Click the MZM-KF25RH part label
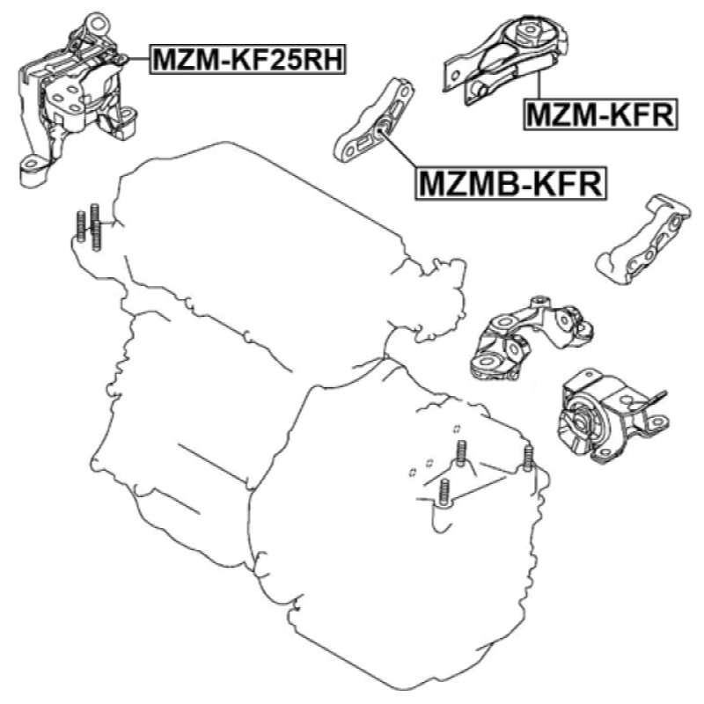coord(247,59)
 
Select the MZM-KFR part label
coord(601,115)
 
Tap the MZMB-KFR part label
coord(511,183)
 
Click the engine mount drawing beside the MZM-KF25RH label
coord(77,99)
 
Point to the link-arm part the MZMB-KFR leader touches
coord(375,121)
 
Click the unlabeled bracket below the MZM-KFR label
coord(642,240)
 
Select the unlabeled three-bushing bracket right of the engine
coord(530,339)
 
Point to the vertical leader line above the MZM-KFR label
coord(538,85)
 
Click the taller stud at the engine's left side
coord(95,227)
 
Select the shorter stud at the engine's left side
coord(81,226)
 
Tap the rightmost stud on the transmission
coord(528,458)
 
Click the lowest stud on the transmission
coord(444,494)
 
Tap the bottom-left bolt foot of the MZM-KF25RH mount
coord(33,171)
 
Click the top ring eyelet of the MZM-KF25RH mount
coord(97,23)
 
